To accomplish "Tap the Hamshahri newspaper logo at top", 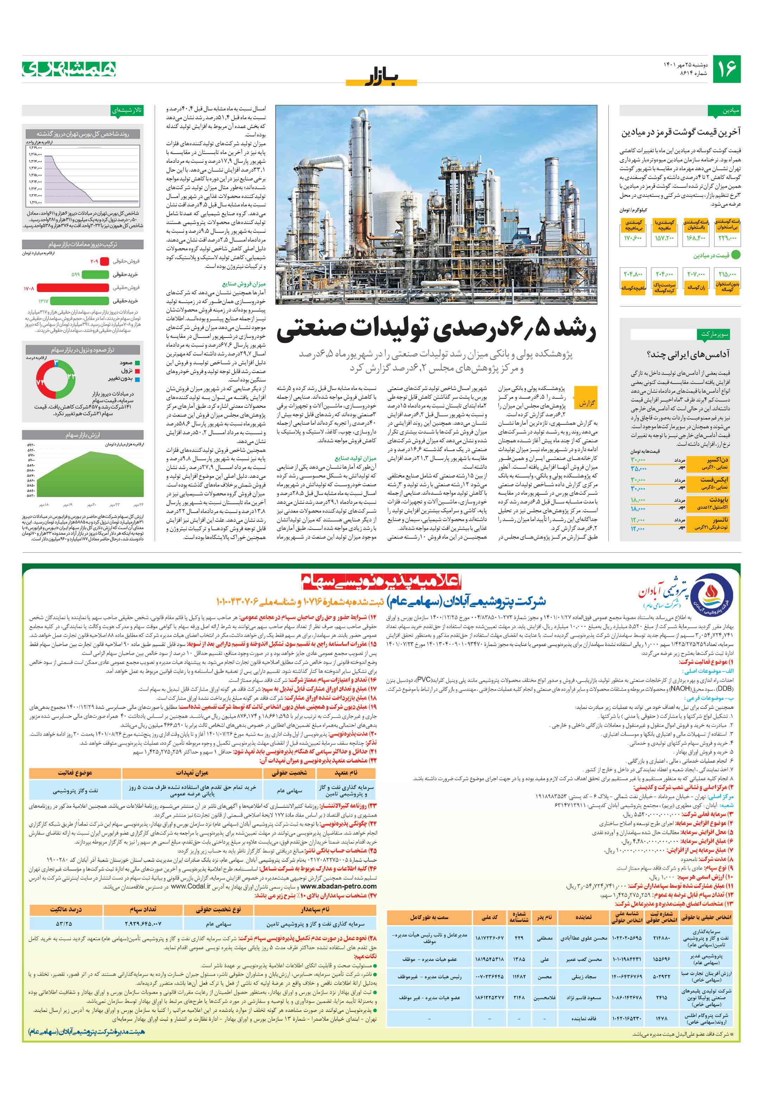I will (x=69, y=69).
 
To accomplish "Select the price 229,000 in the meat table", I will (x=727, y=238).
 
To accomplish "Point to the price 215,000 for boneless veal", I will (x=727, y=274).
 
